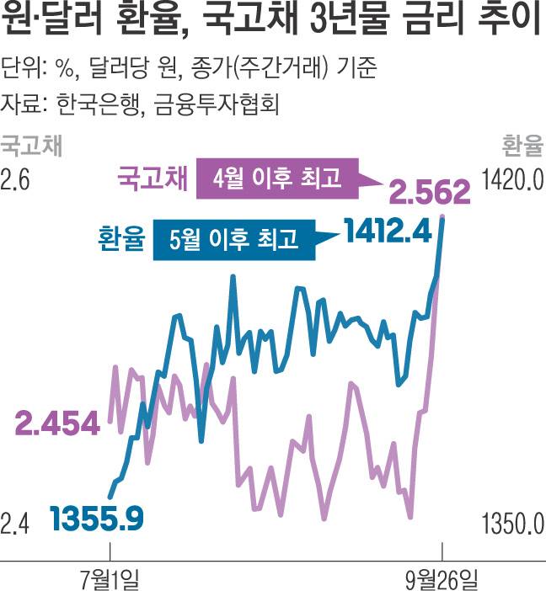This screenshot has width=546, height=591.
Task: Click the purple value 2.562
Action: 428,194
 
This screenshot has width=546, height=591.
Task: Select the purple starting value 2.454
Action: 57,424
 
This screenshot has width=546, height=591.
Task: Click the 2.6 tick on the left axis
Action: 16,179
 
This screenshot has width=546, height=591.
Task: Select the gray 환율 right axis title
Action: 520,146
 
